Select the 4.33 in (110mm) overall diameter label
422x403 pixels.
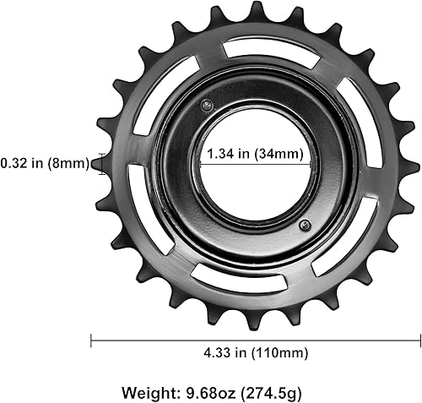tap(255, 352)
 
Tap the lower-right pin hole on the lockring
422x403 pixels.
tap(305, 224)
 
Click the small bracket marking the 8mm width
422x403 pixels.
tap(102, 164)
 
